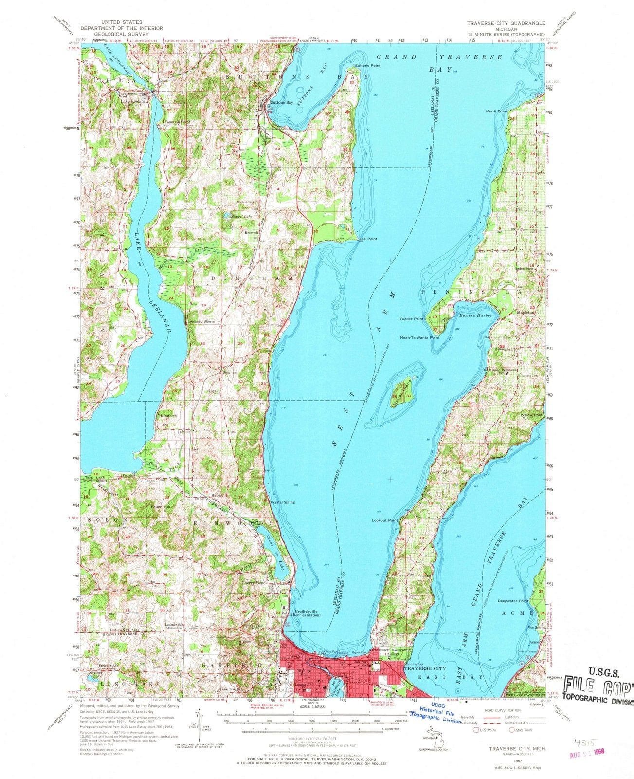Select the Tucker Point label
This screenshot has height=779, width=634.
[412, 319]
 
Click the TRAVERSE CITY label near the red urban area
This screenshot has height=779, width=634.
[425, 669]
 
